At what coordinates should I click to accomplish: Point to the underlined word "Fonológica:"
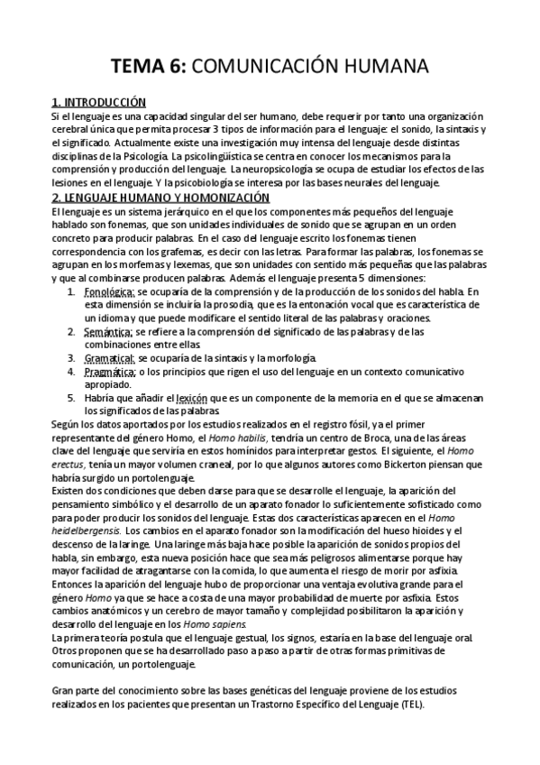(108, 292)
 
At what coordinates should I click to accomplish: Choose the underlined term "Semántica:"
(107, 331)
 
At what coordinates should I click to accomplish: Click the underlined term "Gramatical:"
(109, 357)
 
